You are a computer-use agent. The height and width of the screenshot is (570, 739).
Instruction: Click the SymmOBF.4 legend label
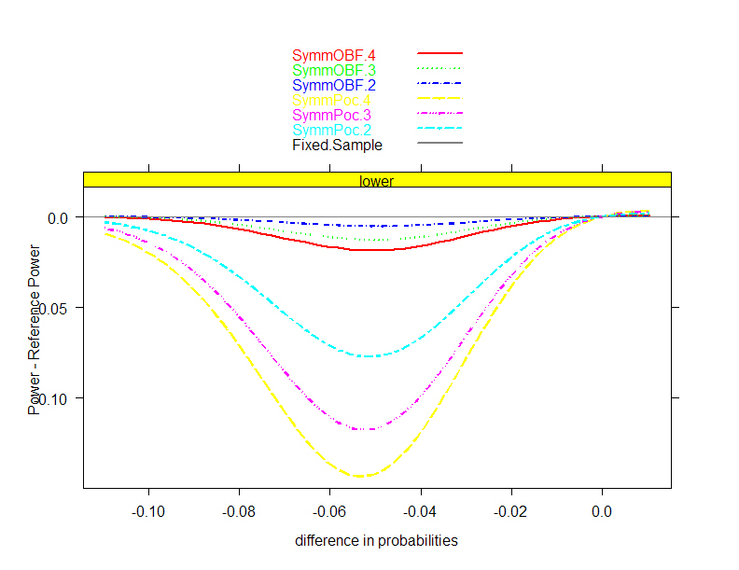pyautogui.click(x=334, y=54)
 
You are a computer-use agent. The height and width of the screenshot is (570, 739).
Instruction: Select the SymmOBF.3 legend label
pyautogui.click(x=334, y=69)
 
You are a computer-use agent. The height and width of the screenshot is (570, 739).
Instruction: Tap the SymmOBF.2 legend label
pyautogui.click(x=334, y=85)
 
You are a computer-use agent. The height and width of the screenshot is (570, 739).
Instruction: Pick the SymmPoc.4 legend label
pyautogui.click(x=334, y=100)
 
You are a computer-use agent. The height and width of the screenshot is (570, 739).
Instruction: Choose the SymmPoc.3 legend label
pyautogui.click(x=334, y=115)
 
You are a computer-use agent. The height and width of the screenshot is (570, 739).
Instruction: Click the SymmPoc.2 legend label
pyautogui.click(x=334, y=130)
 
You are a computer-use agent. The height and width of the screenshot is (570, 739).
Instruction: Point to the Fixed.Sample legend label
pyautogui.click(x=338, y=145)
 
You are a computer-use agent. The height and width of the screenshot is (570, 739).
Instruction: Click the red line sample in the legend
pyautogui.click(x=439, y=54)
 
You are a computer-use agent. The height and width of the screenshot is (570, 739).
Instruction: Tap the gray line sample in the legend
pyautogui.click(x=439, y=144)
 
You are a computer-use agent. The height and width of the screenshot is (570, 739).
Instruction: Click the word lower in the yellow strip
pyautogui.click(x=377, y=182)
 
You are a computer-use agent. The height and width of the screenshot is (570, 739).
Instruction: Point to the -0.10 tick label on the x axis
pyautogui.click(x=147, y=511)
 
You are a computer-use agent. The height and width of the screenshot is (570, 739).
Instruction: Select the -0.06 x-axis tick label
pyautogui.click(x=329, y=511)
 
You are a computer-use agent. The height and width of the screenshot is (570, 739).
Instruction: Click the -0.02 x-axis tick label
pyautogui.click(x=510, y=511)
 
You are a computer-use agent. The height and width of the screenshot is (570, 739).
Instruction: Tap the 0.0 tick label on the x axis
pyautogui.click(x=602, y=511)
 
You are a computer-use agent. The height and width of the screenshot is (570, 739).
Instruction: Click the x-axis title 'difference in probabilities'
pyautogui.click(x=377, y=541)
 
